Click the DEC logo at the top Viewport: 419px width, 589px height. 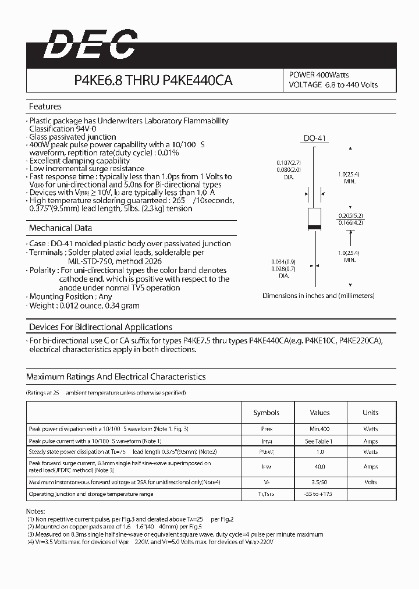(91, 44)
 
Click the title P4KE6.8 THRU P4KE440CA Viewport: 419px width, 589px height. (153, 81)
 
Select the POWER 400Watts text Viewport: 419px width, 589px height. (319, 75)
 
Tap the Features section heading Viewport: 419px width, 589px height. (45, 107)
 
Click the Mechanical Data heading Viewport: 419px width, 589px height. (61, 228)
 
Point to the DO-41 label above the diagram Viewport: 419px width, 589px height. (315, 138)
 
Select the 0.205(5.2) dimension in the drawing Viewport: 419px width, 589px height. (350, 215)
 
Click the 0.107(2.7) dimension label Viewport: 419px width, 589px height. (289, 162)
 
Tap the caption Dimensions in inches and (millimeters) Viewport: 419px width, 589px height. (318, 296)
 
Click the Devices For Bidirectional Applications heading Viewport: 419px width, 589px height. (101, 327)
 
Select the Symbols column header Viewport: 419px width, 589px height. (266, 413)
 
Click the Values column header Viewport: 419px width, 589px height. (319, 413)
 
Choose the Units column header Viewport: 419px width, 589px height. (370, 413)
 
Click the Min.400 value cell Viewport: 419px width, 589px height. (319, 429)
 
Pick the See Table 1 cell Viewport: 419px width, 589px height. (319, 441)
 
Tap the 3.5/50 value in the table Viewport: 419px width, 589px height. (319, 482)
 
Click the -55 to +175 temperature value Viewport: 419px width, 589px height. (319, 494)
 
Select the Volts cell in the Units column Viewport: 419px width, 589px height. (370, 482)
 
